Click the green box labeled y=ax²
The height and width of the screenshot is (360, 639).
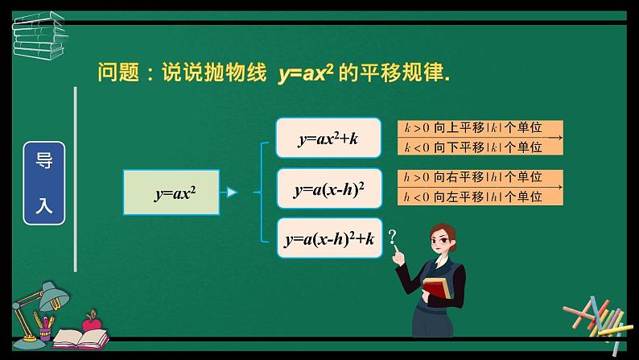(171, 193)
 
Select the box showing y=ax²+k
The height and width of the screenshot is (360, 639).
(328, 138)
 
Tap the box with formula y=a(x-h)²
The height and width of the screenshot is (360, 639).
(329, 189)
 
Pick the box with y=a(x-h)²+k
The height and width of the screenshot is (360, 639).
(329, 238)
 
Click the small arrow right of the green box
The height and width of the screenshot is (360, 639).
(231, 193)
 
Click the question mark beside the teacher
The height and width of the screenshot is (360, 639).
(393, 237)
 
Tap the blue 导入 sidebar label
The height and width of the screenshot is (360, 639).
(43, 184)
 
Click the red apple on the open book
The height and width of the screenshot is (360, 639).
(91, 321)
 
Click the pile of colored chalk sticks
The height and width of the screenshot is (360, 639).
(596, 317)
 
